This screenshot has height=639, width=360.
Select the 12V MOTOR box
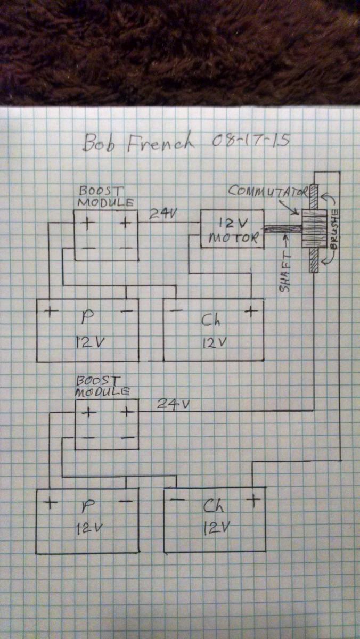[232, 229]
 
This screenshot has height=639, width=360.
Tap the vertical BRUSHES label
[334, 230]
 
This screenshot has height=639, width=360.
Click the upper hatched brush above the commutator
[314, 197]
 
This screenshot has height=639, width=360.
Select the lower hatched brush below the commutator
[314, 260]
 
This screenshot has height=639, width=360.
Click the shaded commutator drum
[314, 229]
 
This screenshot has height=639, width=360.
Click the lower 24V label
[173, 404]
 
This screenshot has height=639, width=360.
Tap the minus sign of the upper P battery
[127, 310]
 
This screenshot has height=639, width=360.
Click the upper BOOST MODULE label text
[105, 196]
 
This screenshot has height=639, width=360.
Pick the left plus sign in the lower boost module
[89, 413]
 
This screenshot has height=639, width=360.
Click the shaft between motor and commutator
[283, 229]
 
